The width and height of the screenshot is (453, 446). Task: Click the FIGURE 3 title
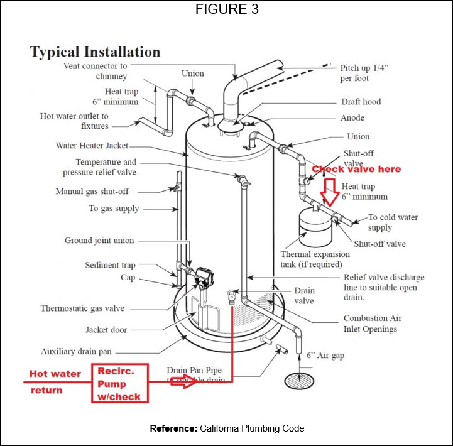click(x=226, y=10)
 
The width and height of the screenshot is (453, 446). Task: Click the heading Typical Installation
click(x=95, y=52)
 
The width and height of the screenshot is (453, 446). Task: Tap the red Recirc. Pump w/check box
click(x=119, y=384)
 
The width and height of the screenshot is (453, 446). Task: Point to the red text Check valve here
click(x=356, y=169)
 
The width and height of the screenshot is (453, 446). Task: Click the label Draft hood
click(x=361, y=102)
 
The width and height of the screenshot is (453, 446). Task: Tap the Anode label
click(x=352, y=118)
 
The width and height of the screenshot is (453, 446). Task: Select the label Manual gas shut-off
click(x=92, y=192)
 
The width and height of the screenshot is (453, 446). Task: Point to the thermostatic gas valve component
click(x=204, y=276)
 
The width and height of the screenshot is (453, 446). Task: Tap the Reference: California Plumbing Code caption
click(x=226, y=428)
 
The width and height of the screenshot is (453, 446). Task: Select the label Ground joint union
click(x=99, y=241)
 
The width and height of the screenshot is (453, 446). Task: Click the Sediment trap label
click(x=110, y=265)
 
